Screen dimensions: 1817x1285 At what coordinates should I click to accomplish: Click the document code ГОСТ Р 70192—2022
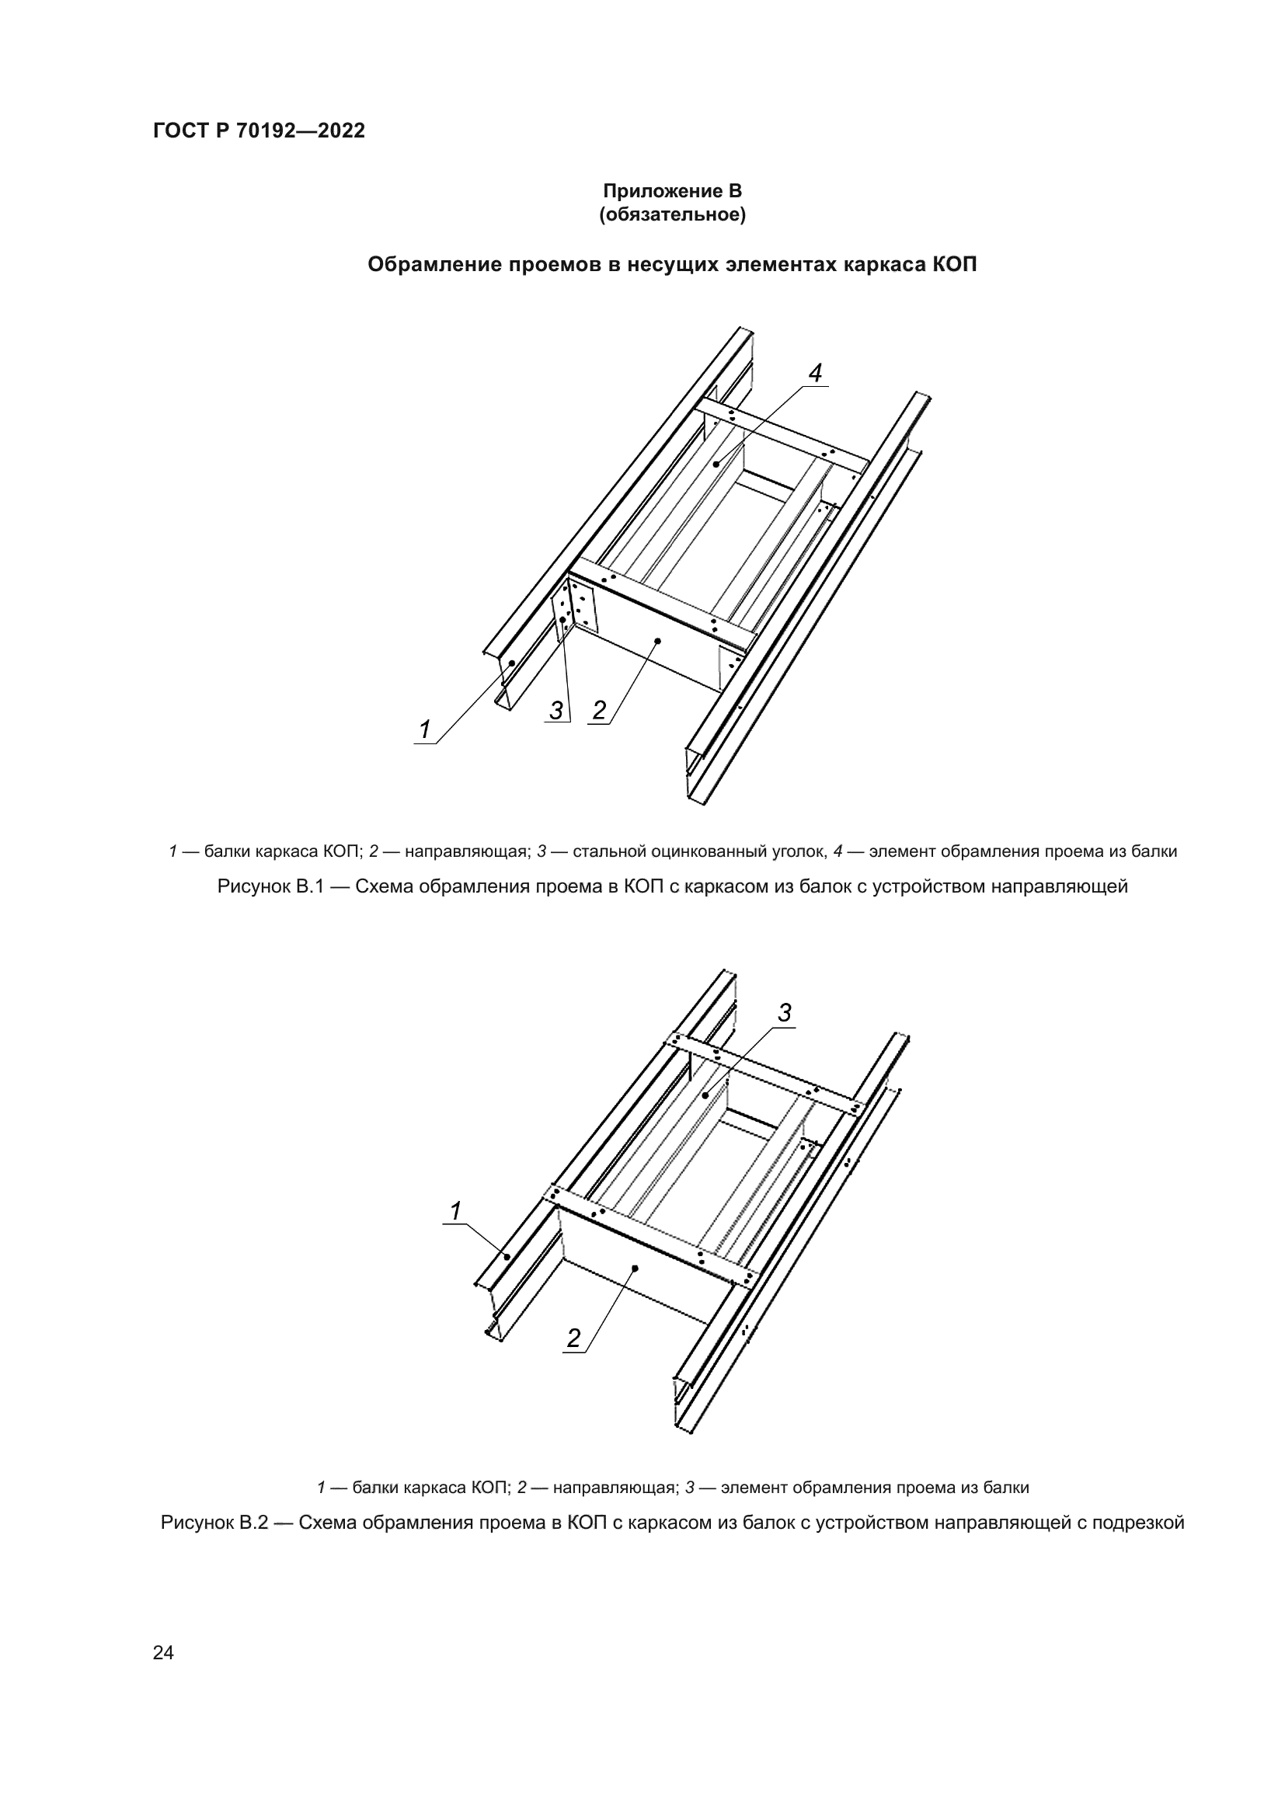point(259,131)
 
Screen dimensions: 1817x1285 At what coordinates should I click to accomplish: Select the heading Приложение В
point(672,191)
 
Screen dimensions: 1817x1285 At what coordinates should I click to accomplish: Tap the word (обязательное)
point(672,215)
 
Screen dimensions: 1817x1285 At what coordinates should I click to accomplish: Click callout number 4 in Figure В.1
point(815,373)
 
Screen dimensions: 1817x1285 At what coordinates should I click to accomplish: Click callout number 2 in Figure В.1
point(599,711)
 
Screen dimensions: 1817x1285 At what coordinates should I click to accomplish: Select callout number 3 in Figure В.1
point(557,711)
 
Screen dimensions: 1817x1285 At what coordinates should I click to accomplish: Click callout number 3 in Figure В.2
point(784,1013)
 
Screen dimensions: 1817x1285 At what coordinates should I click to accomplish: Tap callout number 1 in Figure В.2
point(456,1211)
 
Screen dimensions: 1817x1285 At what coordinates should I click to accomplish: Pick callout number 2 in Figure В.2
point(573,1338)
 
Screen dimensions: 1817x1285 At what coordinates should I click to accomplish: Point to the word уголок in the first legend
point(799,851)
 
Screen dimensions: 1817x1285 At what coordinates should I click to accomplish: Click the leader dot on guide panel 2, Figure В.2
point(635,1268)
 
